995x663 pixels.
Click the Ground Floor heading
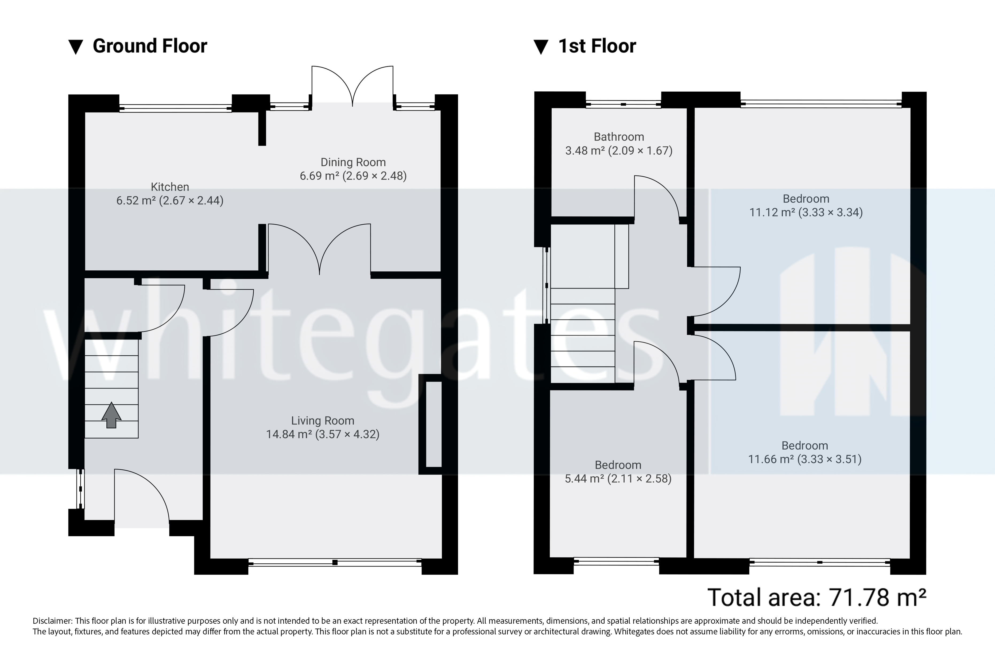(150, 46)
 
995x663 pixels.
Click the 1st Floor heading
(597, 46)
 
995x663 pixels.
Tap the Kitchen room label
(170, 187)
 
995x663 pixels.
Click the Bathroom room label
(618, 137)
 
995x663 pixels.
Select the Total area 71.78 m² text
(816, 598)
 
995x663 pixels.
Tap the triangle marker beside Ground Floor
(76, 47)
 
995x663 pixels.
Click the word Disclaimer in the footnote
(52, 621)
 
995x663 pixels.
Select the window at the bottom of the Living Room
(335, 562)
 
